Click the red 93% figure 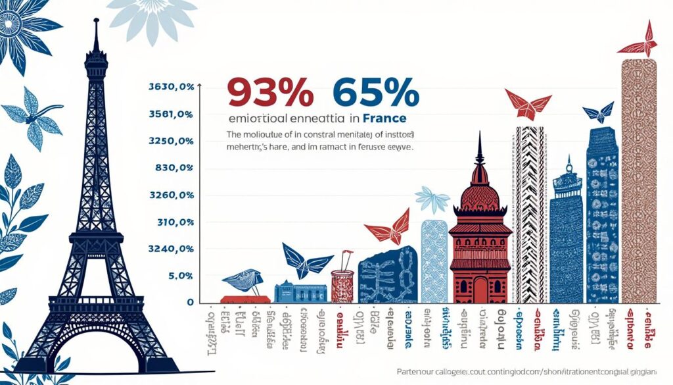pos(269,92)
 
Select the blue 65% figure pos(376,92)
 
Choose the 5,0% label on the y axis pos(180,276)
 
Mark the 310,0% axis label pos(175,222)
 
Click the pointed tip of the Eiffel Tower pos(96,22)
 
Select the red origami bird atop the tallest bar pos(638,43)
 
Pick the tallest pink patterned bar pos(638,184)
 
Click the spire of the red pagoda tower pos(480,148)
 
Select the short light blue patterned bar pos(434,261)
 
